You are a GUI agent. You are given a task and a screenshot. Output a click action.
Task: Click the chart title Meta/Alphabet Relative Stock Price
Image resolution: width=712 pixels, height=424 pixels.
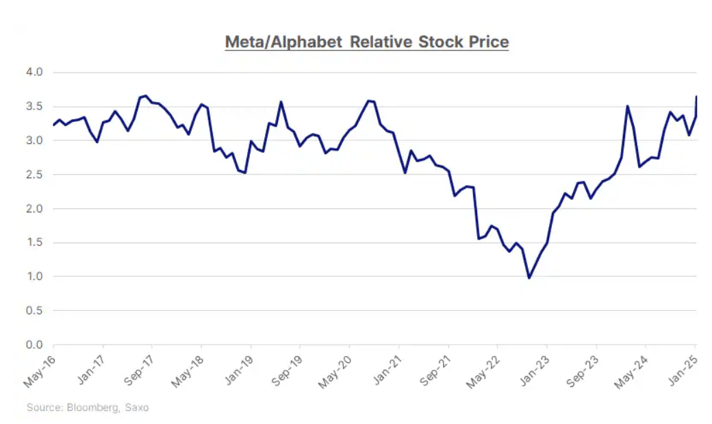pos(367,42)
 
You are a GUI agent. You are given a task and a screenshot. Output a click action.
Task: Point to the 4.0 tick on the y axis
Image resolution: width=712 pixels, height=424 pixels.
pos(34,72)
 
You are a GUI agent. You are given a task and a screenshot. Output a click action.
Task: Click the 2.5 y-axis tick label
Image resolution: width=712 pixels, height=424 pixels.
pos(34,175)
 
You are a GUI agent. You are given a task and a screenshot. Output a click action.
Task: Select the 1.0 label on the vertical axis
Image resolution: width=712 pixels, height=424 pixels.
pos(34,277)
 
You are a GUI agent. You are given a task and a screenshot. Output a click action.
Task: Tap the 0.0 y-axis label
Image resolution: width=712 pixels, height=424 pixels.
pos(34,345)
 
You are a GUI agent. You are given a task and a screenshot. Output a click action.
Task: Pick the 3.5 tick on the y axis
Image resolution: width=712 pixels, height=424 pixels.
pos(34,106)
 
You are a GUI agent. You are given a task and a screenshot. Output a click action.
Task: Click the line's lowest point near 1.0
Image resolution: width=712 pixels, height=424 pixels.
pos(529,277)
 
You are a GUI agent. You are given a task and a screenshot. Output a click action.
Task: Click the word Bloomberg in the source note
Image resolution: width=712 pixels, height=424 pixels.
pos(90,408)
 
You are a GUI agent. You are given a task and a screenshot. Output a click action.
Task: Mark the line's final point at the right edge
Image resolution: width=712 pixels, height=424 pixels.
pos(696,97)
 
